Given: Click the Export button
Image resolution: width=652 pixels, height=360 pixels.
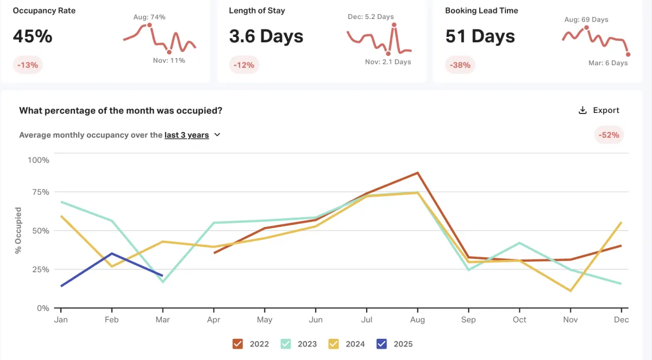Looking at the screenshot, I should point(599,110).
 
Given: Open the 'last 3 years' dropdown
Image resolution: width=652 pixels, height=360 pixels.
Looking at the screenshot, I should point(193,135).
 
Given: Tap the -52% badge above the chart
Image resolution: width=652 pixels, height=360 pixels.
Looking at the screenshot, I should point(609,135).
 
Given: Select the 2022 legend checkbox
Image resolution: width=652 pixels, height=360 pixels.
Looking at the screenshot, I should point(237,344).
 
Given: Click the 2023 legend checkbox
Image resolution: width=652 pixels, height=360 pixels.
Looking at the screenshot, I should point(285,344).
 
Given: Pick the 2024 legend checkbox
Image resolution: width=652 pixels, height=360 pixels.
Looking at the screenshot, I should point(334,344).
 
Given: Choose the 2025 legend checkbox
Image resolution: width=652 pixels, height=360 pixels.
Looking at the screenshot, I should point(382,344).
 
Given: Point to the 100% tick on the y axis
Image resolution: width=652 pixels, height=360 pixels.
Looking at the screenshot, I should point(38,160).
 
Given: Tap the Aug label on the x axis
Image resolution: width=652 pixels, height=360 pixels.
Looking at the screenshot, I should point(417,320).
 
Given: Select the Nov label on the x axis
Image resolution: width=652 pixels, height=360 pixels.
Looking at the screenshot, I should point(570,320).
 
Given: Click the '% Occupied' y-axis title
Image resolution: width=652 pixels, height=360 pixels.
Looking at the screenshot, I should point(18,230).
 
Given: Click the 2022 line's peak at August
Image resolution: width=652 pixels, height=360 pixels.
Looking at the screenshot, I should point(417,173).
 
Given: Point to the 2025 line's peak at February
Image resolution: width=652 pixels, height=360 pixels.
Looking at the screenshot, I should point(111,254).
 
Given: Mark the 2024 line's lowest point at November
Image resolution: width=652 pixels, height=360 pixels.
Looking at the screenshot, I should point(570,291).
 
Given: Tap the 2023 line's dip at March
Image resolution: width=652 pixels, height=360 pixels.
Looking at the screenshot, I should point(162,282).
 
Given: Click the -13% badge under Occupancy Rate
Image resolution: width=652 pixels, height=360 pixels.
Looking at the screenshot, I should point(27,65).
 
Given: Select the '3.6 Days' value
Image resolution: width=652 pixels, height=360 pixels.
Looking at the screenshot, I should point(266,36).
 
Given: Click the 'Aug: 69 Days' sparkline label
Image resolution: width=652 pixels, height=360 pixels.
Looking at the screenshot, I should point(586,20).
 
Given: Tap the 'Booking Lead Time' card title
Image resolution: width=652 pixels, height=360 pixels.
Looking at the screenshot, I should point(481,11).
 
